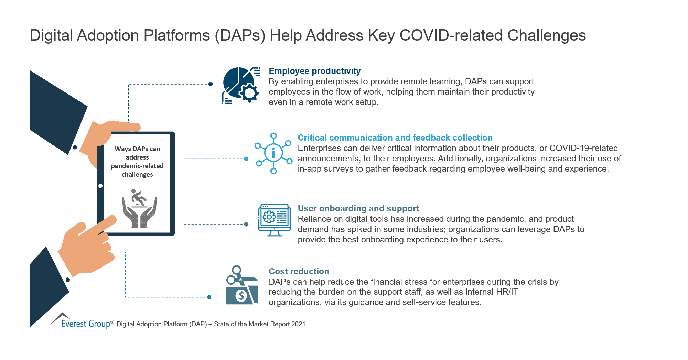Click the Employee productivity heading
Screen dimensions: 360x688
(314, 71)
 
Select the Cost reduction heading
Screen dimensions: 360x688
(299, 271)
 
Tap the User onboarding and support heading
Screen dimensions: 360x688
(358, 208)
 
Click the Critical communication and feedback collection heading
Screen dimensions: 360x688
(395, 138)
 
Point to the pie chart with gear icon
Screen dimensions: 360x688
(240, 85)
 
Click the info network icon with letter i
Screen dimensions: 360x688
(273, 153)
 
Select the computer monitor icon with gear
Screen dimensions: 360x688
(275, 220)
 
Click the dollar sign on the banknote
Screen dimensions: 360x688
(241, 295)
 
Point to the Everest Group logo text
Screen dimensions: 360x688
(86, 324)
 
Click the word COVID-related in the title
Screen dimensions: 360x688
(451, 35)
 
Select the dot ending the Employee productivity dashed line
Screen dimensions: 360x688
(211, 84)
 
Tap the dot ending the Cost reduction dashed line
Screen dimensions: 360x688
(209, 297)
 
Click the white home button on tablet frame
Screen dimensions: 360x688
(100, 186)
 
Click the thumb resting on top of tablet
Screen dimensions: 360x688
(124, 127)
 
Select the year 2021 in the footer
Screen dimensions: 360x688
(298, 324)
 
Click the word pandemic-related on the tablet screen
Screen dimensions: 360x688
(137, 166)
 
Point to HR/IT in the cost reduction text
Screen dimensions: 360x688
(507, 292)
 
